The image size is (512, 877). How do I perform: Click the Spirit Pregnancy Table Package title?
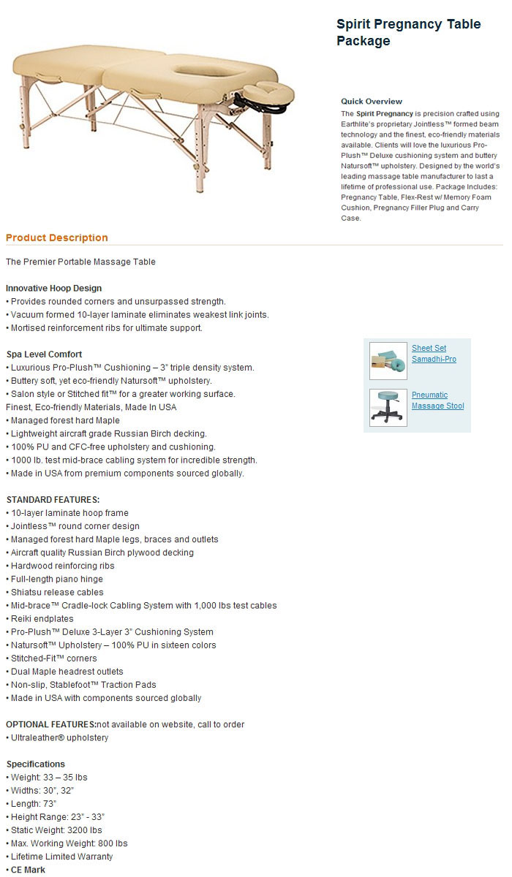[408, 33]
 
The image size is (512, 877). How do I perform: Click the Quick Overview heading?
[372, 102]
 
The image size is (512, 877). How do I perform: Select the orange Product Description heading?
[57, 238]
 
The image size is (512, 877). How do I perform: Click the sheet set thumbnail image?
[388, 360]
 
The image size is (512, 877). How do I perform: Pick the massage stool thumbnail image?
[388, 407]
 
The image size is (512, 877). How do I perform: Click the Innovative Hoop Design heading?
[54, 288]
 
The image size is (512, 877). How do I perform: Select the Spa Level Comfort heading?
[44, 354]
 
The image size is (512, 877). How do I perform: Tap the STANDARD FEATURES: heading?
[53, 500]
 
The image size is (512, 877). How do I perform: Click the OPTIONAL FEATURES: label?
[51, 724]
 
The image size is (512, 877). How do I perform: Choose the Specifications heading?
[36, 764]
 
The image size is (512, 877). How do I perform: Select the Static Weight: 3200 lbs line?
[56, 830]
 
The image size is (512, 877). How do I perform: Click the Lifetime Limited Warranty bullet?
[61, 857]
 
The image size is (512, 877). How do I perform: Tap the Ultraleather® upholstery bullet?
[59, 737]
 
